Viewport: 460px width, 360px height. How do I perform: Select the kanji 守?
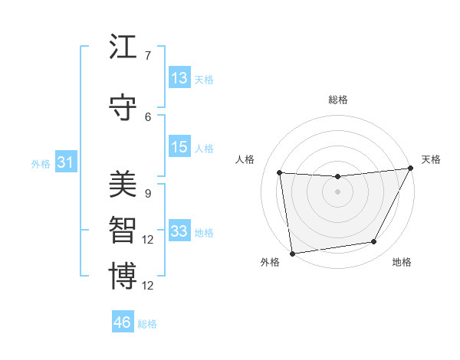(123, 107)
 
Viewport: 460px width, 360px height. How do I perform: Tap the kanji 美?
(123, 185)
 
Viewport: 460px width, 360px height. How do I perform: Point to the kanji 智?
(123, 231)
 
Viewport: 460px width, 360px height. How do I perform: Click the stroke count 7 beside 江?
(147, 56)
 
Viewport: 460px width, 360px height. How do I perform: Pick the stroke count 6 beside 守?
(147, 116)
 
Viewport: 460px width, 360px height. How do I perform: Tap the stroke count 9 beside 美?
(147, 194)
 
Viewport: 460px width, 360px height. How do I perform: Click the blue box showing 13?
(179, 78)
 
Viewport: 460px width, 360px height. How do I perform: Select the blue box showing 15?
(179, 147)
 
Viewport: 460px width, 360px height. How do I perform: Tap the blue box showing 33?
(179, 231)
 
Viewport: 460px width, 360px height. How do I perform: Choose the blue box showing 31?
(65, 162)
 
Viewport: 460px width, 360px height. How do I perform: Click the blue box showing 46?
(122, 322)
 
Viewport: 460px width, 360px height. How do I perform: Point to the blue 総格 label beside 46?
(147, 324)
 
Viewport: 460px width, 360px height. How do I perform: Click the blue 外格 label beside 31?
(40, 164)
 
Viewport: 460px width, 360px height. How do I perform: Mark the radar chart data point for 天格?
(411, 169)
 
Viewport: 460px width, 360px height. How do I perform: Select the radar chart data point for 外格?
(291, 253)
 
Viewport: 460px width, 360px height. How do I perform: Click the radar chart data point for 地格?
(374, 242)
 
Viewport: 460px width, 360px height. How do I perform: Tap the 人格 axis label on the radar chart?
(245, 159)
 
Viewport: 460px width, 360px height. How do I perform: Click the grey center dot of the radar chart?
(337, 191)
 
